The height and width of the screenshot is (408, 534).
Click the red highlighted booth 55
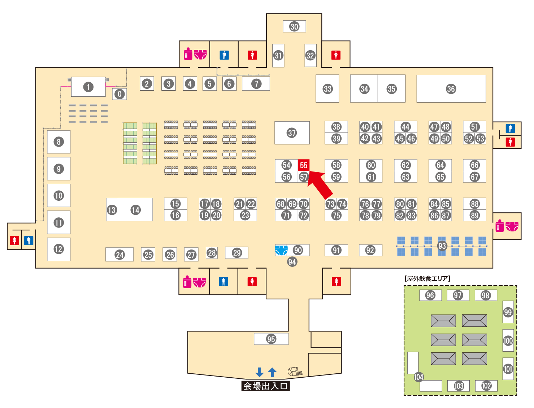click(304, 165)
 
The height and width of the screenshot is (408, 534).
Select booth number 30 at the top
click(294, 26)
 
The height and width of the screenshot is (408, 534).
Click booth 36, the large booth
click(451, 89)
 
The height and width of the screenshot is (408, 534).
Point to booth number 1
click(88, 87)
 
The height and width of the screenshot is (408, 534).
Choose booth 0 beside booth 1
click(120, 94)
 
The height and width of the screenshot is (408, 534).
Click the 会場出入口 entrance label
click(266, 386)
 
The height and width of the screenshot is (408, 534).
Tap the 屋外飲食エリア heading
click(427, 278)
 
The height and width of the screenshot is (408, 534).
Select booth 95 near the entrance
click(271, 339)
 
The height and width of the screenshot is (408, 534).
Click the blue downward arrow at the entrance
click(259, 372)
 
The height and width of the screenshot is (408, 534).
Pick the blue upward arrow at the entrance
click(273, 372)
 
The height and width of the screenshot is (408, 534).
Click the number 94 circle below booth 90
click(292, 262)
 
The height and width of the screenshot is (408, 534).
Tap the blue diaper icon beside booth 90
click(281, 250)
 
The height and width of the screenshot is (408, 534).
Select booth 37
click(292, 133)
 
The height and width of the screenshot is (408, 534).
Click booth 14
click(135, 210)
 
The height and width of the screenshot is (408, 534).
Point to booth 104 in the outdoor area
click(418, 377)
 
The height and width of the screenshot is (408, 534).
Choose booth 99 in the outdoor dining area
click(508, 312)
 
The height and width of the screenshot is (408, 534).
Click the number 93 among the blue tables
click(442, 246)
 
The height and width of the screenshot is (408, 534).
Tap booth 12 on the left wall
click(58, 249)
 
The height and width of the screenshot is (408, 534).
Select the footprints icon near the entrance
click(295, 371)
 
